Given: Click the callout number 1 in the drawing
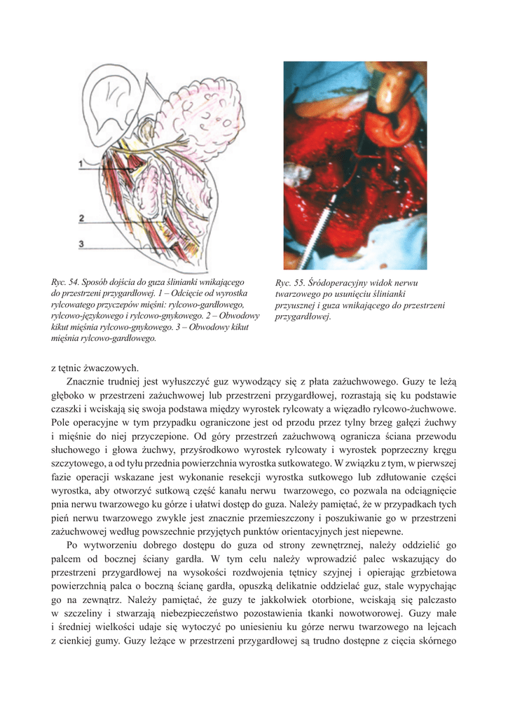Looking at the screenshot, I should pos(81,163).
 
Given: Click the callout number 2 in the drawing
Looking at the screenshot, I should pos(81,219).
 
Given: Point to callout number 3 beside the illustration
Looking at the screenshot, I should pos(81,244).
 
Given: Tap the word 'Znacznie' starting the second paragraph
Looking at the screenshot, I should pos(86,382).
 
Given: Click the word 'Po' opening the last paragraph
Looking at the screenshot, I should pos(72,545).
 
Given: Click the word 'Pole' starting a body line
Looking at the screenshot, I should pos(62,423).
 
